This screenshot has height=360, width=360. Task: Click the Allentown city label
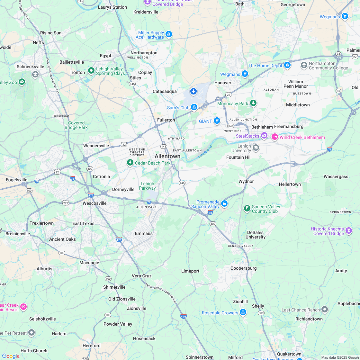[x=167, y=156]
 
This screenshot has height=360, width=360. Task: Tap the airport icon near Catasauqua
[x=194, y=92]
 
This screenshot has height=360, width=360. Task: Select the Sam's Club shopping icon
[x=194, y=107]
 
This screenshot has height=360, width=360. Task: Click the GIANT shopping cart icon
[x=217, y=121]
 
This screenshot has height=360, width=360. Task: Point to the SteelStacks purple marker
[x=264, y=136]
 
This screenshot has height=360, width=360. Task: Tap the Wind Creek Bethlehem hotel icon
[x=275, y=137]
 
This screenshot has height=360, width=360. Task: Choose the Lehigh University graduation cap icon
[x=256, y=148]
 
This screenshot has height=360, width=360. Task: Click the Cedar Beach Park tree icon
[x=130, y=163]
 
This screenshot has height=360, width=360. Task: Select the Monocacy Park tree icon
[x=254, y=103]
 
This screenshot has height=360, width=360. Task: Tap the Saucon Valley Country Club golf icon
[x=247, y=209]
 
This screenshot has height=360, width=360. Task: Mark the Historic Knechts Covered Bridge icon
[x=349, y=230]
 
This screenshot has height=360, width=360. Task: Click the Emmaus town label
[x=144, y=233]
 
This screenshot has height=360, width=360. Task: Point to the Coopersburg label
[x=243, y=268]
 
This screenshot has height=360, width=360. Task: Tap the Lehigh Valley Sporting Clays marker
[x=91, y=70]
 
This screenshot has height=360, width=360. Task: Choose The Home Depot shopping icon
[x=287, y=65]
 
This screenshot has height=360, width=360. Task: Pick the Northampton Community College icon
[x=304, y=66]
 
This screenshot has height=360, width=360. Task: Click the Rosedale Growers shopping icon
[x=243, y=312]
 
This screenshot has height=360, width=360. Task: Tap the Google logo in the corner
[x=11, y=356]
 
